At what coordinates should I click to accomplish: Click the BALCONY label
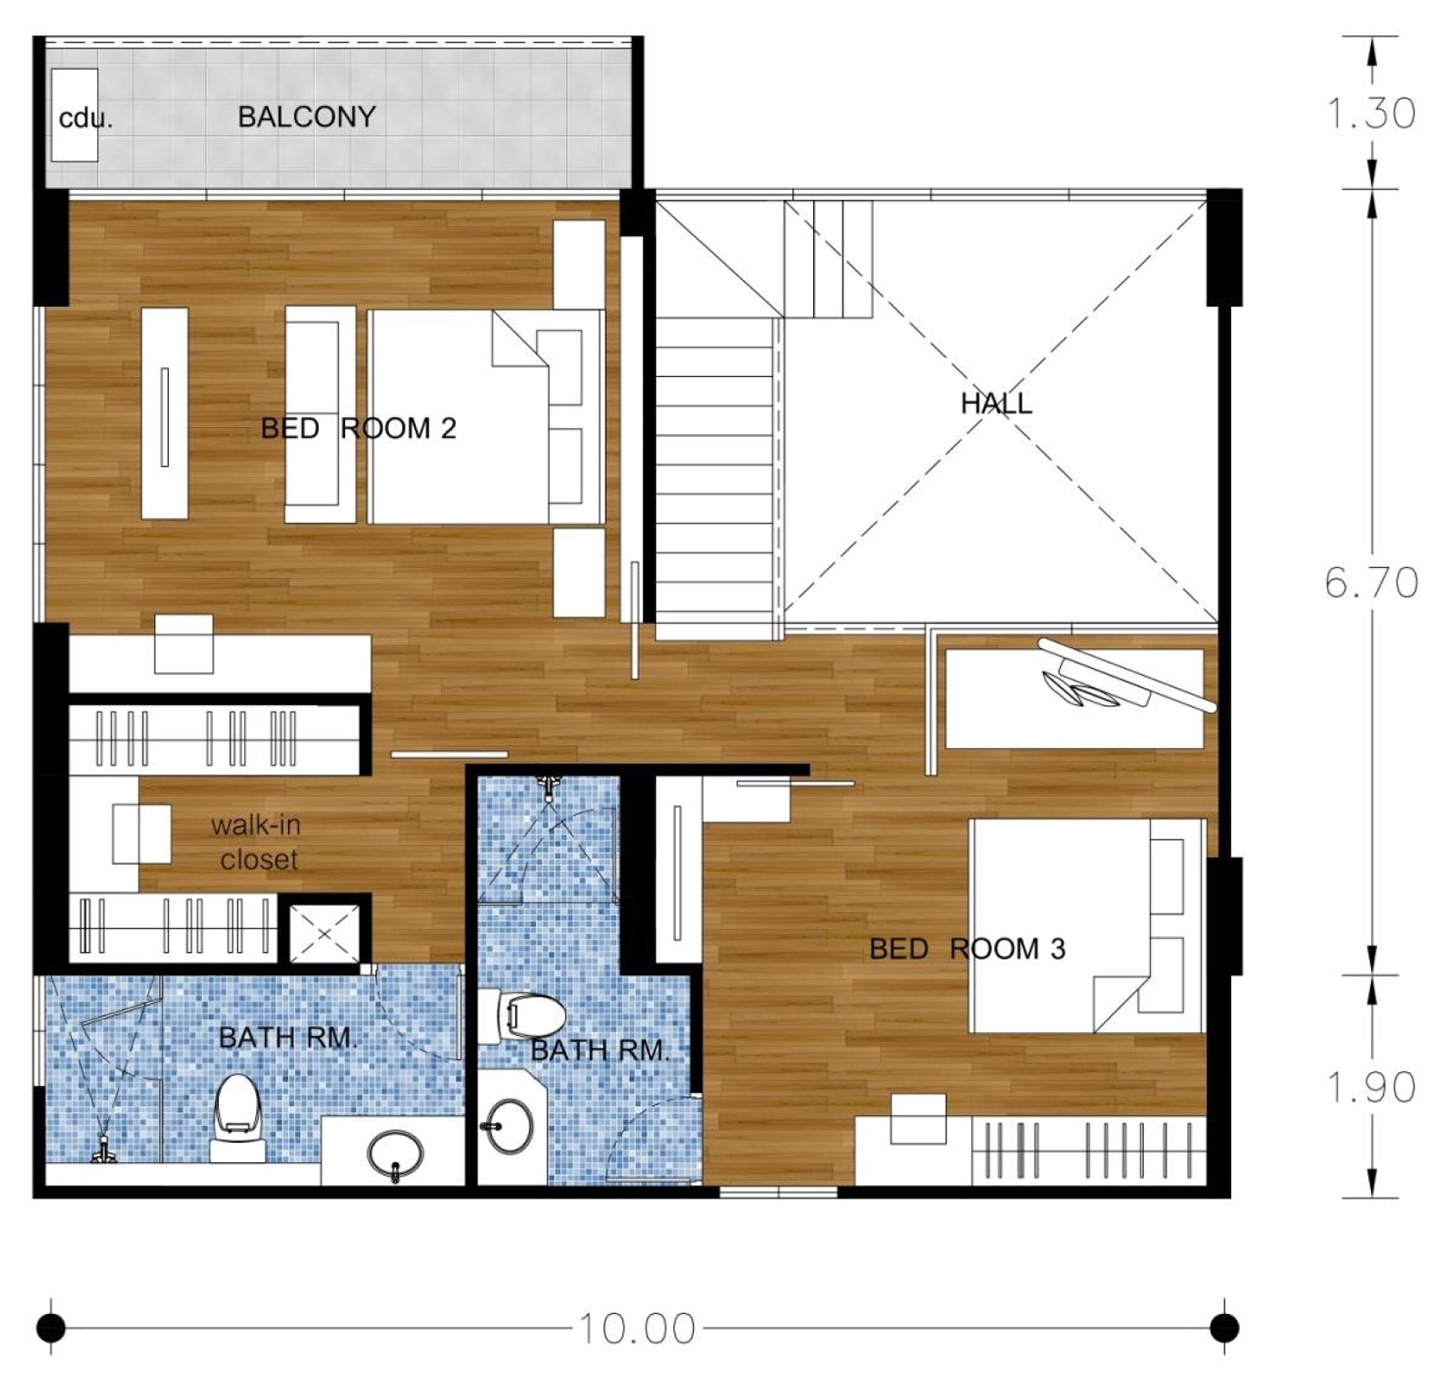[306, 116]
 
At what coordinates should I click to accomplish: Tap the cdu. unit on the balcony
[74, 114]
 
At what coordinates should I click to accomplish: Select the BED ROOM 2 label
[358, 428]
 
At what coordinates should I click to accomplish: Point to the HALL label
[997, 403]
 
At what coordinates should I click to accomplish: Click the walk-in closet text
[256, 842]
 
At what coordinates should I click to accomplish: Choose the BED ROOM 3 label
[967, 949]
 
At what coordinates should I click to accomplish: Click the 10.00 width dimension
[637, 1328]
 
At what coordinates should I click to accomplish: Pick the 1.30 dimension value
[1371, 114]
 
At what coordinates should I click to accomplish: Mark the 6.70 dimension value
[1371, 582]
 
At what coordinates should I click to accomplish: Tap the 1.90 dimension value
[1371, 1087]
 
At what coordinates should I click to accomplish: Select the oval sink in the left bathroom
[395, 1154]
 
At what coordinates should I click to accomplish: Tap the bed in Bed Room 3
[1087, 925]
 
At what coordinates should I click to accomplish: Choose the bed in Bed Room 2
[486, 417]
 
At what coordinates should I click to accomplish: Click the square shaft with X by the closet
[324, 933]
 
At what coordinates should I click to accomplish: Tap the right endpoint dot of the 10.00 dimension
[1225, 1328]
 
